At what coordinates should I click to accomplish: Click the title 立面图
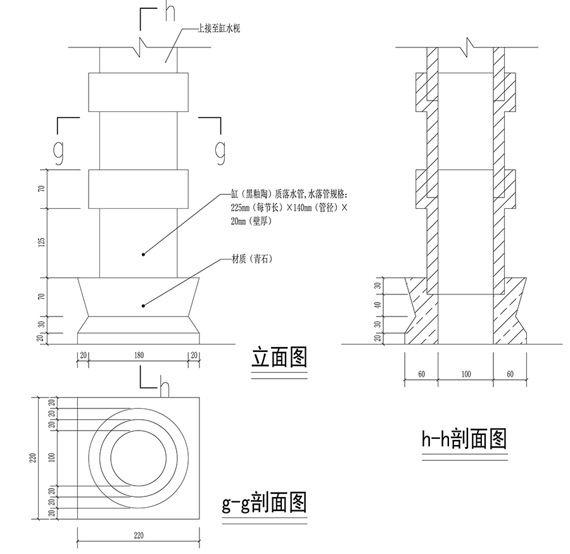coord(279,357)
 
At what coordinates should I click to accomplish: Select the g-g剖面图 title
coord(264,503)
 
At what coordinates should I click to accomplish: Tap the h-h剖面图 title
coord(464,439)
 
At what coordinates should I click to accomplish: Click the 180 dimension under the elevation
coord(139,355)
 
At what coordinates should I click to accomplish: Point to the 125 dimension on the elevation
coord(42,242)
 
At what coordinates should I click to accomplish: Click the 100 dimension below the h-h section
coord(466,374)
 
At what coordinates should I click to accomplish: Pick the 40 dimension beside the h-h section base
coord(378,305)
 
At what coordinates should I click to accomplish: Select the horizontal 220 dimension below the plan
coord(139,536)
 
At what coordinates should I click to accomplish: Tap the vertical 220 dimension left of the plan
coord(33,458)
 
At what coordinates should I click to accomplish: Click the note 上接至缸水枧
coord(218,28)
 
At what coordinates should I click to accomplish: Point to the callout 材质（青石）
coord(252,259)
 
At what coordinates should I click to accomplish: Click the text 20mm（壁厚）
coord(251,221)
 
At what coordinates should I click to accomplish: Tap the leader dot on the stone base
coord(143,306)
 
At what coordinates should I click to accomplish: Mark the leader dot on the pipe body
coord(143,255)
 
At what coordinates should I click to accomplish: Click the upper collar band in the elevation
coord(139,92)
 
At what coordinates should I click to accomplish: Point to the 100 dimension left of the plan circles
coord(52,457)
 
